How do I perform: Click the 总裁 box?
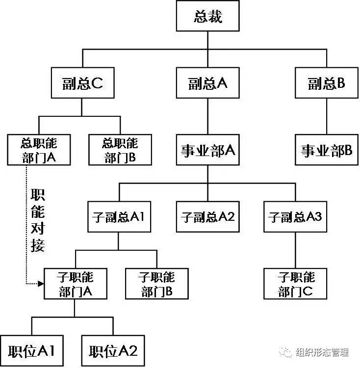click(x=207, y=17)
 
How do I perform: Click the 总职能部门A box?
click(x=39, y=150)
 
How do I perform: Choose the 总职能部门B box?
click(x=120, y=150)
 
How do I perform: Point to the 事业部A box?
click(x=207, y=150)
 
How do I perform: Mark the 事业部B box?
click(x=327, y=150)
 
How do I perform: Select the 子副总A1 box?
click(x=119, y=216)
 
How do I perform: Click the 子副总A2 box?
click(x=207, y=216)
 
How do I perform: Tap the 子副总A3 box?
click(x=295, y=216)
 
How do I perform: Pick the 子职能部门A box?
click(x=75, y=284)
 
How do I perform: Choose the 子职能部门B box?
click(x=156, y=284)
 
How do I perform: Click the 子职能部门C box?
click(x=295, y=284)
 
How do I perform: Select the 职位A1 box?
click(x=32, y=350)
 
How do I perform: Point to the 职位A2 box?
click(x=113, y=350)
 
